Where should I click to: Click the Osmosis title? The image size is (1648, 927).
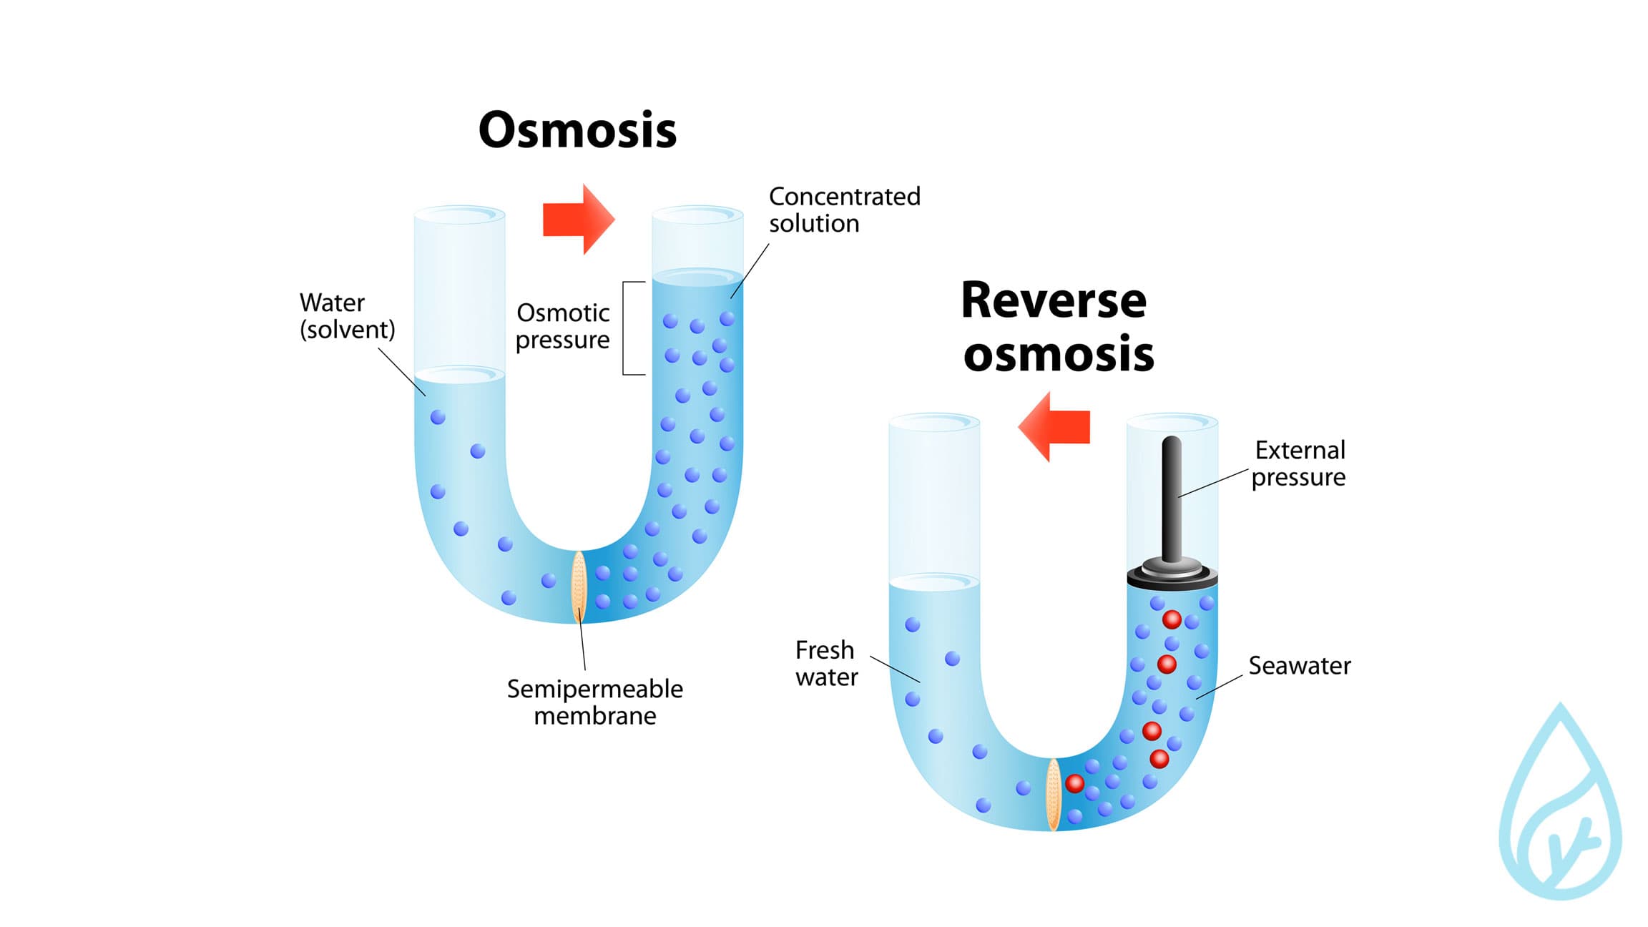[577, 130]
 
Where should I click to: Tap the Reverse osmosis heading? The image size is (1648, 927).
[1056, 327]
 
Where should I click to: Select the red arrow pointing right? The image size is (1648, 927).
[578, 219]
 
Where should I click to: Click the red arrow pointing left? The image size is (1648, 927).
[1054, 426]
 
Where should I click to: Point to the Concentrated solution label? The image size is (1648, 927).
[844, 210]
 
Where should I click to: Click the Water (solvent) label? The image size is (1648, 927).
[347, 315]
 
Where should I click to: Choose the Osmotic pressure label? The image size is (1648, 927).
[563, 326]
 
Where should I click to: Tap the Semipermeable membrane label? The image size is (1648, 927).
[594, 702]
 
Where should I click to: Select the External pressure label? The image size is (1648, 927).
[1299, 463]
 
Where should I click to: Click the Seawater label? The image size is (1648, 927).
[1299, 666]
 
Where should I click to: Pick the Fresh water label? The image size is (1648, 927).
[826, 663]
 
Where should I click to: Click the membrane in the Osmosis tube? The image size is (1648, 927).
[579, 586]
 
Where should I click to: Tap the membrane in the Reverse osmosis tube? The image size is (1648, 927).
[1053, 794]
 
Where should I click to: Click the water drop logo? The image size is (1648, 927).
[1559, 808]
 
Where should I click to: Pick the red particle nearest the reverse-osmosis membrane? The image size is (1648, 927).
[1074, 783]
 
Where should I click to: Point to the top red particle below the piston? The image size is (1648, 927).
[1172, 619]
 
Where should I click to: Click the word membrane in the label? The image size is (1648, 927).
[594, 715]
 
